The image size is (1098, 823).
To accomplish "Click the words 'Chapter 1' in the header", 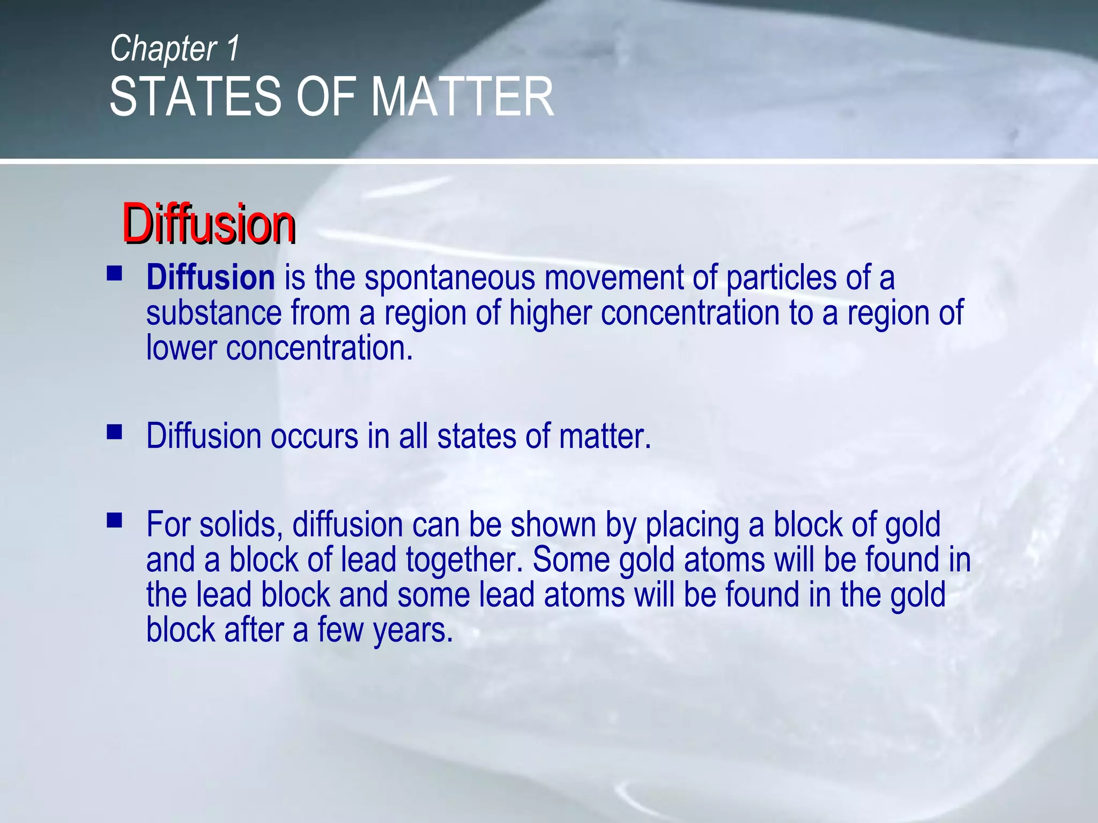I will pos(175,49).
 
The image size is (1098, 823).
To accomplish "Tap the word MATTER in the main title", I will pos(462,97).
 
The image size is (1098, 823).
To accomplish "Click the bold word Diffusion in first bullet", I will pos(211,278).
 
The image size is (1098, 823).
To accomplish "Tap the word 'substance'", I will pos(214,313).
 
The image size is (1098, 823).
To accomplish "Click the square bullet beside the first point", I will pos(114,274).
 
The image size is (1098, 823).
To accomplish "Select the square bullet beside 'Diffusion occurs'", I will pos(114,432).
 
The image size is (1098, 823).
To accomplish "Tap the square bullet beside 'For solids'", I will pos(114,520).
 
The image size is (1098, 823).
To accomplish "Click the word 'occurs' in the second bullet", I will pos(314,437).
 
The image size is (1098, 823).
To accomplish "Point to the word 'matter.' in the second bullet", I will pos(605,437).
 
